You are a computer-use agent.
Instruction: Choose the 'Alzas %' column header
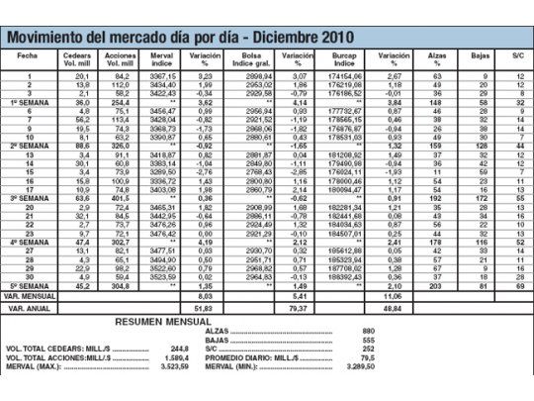[x=435, y=59]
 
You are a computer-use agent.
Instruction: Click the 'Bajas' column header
[x=480, y=56]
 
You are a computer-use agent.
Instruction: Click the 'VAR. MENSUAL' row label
[x=30, y=295]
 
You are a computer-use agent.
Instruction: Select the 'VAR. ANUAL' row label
[x=30, y=308]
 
